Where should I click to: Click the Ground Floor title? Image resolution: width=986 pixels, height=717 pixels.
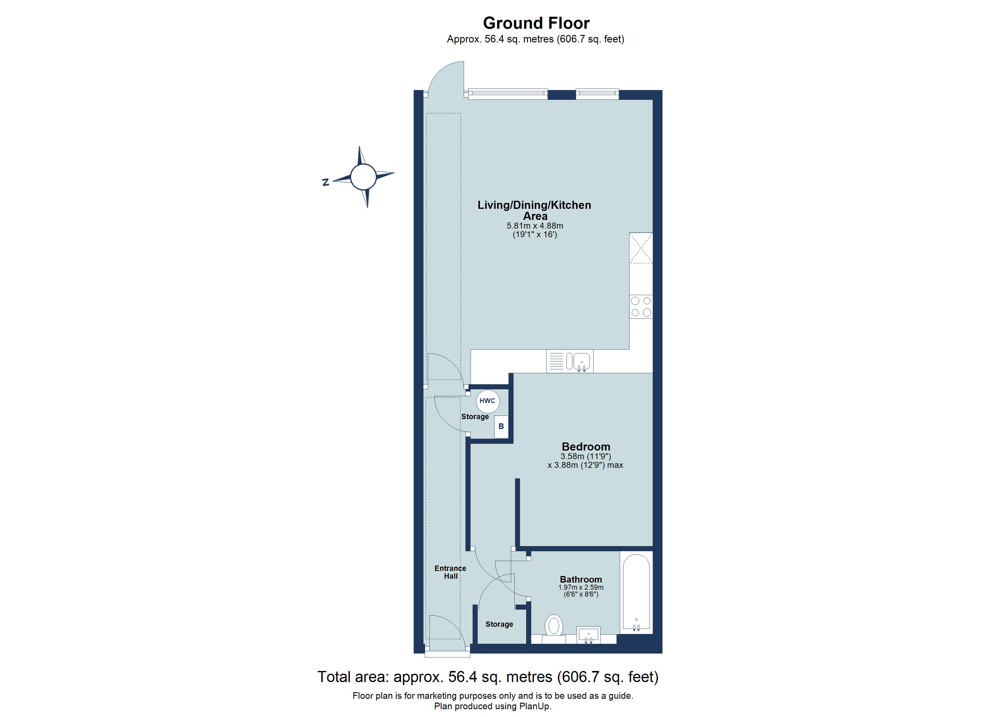tap(536, 23)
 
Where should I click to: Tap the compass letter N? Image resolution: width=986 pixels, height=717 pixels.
tap(325, 183)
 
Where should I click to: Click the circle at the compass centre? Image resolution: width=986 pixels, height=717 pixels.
tap(363, 177)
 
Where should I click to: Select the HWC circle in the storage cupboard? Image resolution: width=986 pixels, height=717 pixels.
tap(487, 401)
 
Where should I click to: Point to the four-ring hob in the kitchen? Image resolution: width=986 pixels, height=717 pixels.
tap(641, 307)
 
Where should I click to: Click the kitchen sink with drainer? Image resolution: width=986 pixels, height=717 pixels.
tap(569, 361)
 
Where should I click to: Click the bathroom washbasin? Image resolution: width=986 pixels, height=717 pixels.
tap(588, 635)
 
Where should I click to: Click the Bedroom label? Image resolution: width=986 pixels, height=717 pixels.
tap(586, 447)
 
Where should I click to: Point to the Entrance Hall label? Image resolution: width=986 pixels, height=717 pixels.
tap(450, 572)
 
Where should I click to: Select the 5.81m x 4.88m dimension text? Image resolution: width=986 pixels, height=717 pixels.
tap(535, 226)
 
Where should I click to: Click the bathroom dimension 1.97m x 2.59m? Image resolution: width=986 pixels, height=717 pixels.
tap(581, 587)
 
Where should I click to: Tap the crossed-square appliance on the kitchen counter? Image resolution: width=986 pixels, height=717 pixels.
tap(641, 248)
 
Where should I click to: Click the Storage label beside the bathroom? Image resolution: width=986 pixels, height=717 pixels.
tap(499, 624)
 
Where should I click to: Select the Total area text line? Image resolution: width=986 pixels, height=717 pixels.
tap(488, 677)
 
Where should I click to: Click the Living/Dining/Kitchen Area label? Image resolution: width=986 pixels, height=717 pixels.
tap(534, 210)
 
